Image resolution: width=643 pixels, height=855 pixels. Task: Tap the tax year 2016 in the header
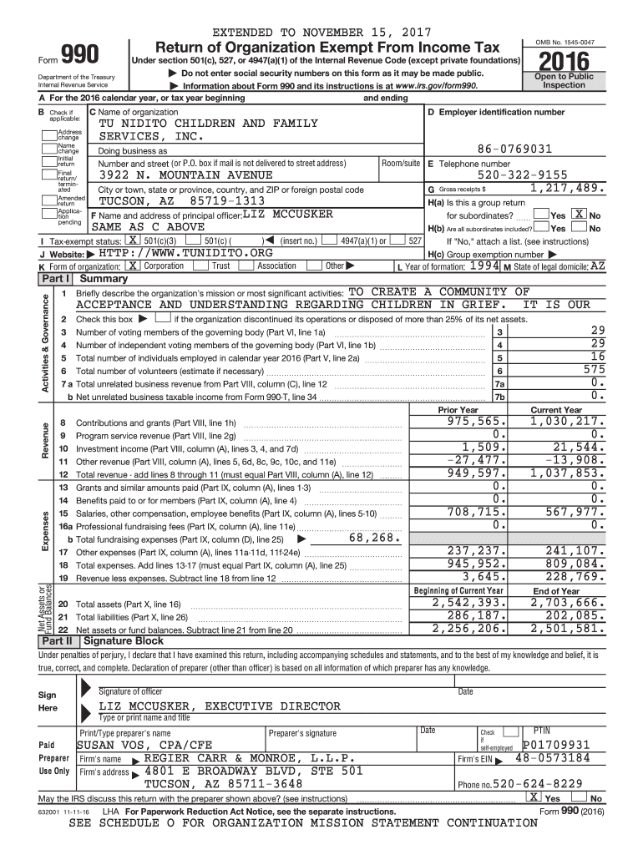coord(565,61)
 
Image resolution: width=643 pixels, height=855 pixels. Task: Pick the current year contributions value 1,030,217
coord(566,422)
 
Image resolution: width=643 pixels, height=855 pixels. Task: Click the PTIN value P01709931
coord(556,745)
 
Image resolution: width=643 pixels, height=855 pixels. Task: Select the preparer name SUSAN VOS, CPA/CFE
coord(144,745)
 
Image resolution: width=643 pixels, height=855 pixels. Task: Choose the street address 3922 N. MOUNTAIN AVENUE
coord(185,175)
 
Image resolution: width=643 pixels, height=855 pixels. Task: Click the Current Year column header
coord(556,409)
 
